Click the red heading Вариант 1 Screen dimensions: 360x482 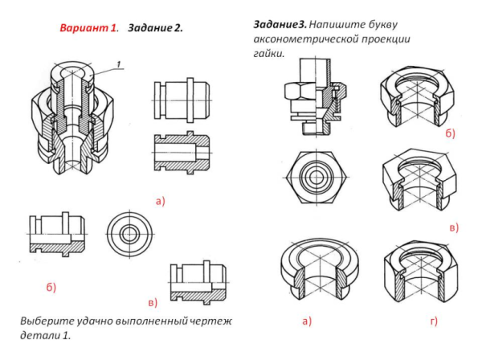click(88, 28)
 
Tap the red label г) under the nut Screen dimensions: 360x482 click(433, 322)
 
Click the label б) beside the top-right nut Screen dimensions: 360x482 click(449, 133)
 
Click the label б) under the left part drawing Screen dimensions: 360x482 click(51, 286)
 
